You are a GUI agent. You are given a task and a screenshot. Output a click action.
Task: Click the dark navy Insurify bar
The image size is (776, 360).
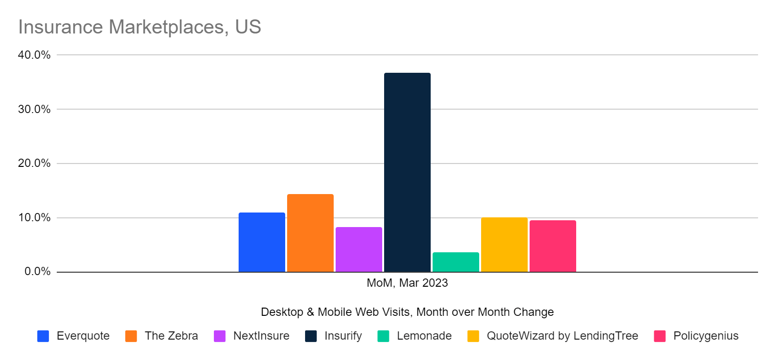pos(407,172)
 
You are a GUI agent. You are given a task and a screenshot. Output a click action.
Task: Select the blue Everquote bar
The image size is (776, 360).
pos(262,242)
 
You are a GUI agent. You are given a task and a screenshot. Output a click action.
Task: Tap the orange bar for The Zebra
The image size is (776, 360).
pos(310,233)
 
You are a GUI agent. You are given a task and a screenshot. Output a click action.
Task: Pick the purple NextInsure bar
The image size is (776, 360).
pos(359,249)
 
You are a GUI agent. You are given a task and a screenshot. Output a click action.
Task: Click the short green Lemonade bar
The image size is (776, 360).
pos(456,262)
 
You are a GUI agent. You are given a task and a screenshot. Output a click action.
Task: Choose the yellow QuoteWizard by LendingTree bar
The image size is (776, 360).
pos(504,245)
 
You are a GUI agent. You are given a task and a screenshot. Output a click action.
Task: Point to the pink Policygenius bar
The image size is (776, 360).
pos(553,246)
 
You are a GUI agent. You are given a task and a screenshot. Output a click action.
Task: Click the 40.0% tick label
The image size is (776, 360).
pos(34,55)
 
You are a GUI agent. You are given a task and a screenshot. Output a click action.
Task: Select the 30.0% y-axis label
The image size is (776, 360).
pos(34,109)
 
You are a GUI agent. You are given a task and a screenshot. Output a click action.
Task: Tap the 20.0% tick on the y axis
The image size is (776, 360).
pos(34,163)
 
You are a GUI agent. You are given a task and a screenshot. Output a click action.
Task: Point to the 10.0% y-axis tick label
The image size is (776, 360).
pos(34,217)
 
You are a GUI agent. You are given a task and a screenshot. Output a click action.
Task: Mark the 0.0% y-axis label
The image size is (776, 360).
pos(37,271)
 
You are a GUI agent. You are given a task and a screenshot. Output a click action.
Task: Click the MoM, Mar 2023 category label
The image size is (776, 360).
pos(407,283)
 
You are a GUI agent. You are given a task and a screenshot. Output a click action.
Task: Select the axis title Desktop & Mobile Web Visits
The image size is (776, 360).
pos(407,312)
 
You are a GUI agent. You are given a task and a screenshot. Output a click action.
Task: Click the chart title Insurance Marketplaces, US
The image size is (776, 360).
pos(140,27)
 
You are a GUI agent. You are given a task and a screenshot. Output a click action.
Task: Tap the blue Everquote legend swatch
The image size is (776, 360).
pos(43,336)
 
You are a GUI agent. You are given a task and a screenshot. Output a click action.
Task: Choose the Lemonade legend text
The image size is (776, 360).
pos(424,336)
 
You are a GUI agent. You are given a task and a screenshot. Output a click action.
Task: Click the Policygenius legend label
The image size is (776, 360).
pos(706,336)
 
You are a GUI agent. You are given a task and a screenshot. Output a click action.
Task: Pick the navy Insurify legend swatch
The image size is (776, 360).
pos(311,336)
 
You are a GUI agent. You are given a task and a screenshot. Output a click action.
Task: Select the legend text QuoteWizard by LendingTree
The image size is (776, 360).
pos(562,336)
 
